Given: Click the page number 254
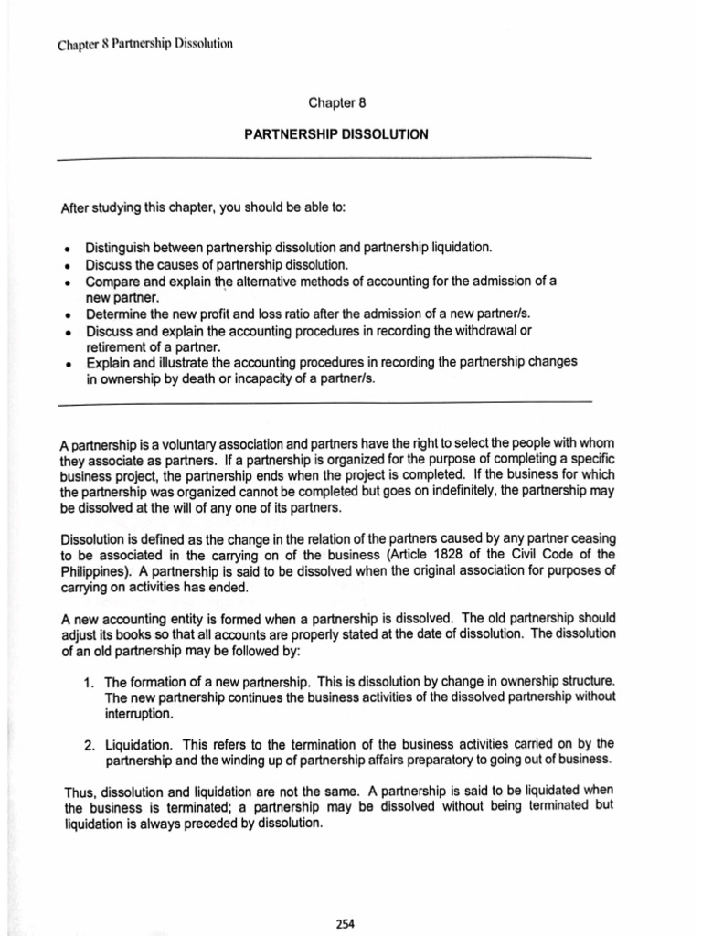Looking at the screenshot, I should (345, 923).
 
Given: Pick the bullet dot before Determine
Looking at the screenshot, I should (69, 314).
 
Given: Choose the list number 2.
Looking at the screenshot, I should (89, 744).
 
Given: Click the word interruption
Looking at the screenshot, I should (138, 713).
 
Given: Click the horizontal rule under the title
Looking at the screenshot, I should (324, 159).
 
